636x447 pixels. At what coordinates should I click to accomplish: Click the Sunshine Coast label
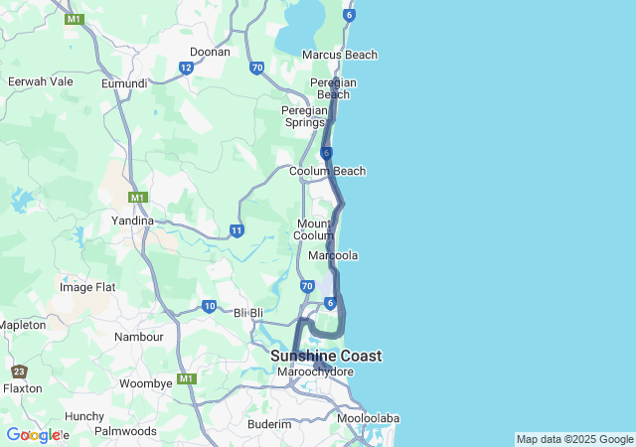326,356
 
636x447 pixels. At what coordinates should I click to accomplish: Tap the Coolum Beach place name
327,171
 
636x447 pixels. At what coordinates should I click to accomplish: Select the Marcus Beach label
339,55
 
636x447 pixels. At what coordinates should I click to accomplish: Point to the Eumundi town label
124,83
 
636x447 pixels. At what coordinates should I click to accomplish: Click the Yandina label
132,221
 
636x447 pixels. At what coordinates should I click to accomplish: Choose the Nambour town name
139,337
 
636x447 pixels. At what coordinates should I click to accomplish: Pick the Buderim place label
269,423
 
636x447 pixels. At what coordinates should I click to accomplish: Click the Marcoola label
333,255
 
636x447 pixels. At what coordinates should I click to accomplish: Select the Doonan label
210,52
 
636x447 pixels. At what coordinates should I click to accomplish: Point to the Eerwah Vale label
41,81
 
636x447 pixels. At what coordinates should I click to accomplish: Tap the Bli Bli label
248,312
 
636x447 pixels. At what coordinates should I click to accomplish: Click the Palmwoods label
126,431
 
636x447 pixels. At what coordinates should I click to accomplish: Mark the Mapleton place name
23,325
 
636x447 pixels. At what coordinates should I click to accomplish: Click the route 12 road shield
186,68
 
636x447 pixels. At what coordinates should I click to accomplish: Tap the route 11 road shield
237,230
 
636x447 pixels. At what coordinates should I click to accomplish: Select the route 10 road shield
209,306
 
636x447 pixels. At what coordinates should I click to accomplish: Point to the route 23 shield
20,372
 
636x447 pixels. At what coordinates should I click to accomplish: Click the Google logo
33,435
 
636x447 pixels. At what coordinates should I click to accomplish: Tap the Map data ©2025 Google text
574,439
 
